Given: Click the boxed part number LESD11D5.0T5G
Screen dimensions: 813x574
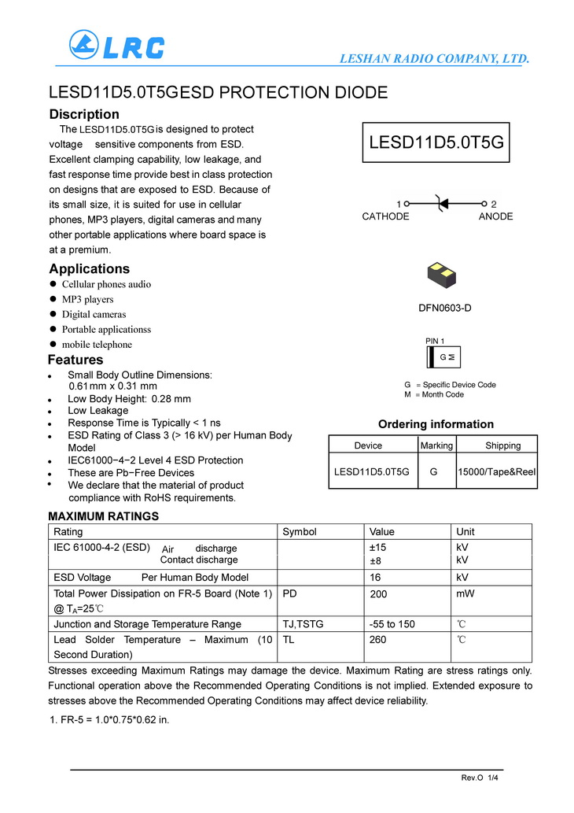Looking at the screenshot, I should coord(436,142).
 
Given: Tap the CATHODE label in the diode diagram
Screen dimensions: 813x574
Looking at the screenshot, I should coord(385,216).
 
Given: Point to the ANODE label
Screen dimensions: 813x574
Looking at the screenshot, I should coord(495,216).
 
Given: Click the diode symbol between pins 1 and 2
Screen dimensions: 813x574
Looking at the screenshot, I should coord(444,202).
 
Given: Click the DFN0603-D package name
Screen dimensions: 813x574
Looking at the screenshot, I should coord(444,308).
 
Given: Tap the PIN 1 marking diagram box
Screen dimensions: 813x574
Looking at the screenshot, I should coord(443,357).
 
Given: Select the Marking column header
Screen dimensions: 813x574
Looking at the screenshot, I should coord(436,445).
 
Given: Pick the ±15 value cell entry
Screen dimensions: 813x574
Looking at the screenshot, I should coord(378,548).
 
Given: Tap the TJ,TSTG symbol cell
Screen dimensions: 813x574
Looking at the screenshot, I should coord(303,624).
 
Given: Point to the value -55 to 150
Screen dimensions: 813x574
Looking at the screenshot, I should coord(392,624).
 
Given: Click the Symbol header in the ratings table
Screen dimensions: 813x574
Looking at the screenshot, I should coord(299,532).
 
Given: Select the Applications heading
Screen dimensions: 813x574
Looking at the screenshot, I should coord(89,269).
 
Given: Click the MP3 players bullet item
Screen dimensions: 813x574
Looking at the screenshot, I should coord(87,299).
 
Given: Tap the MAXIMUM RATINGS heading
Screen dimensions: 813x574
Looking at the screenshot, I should coord(104,516).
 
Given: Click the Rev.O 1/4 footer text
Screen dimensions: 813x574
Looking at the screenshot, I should coord(480,778).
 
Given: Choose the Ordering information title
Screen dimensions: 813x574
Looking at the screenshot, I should coord(436,424).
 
